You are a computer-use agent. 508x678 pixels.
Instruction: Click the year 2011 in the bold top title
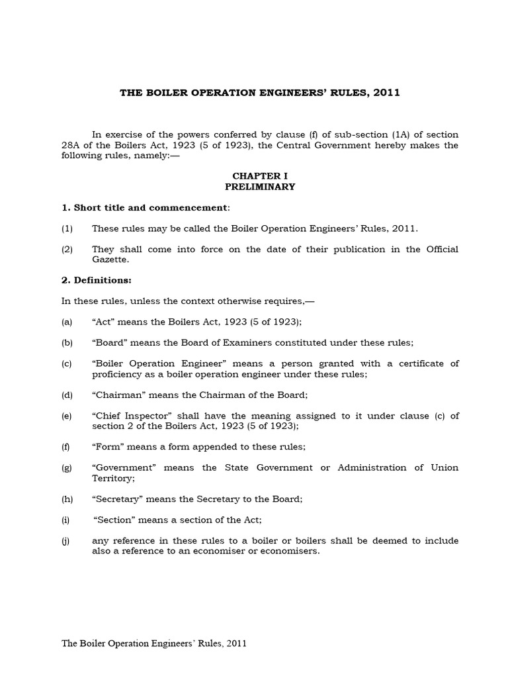(x=386, y=93)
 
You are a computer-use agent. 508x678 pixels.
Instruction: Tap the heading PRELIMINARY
(x=260, y=187)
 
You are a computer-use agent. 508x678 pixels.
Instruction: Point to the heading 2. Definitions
(x=97, y=281)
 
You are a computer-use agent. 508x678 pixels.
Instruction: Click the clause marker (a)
(x=67, y=322)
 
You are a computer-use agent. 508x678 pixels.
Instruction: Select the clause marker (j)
(x=67, y=540)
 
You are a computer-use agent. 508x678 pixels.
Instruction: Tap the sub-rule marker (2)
(x=67, y=249)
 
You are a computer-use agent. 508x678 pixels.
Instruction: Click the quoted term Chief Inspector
(x=133, y=416)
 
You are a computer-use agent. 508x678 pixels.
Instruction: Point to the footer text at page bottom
(x=154, y=644)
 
